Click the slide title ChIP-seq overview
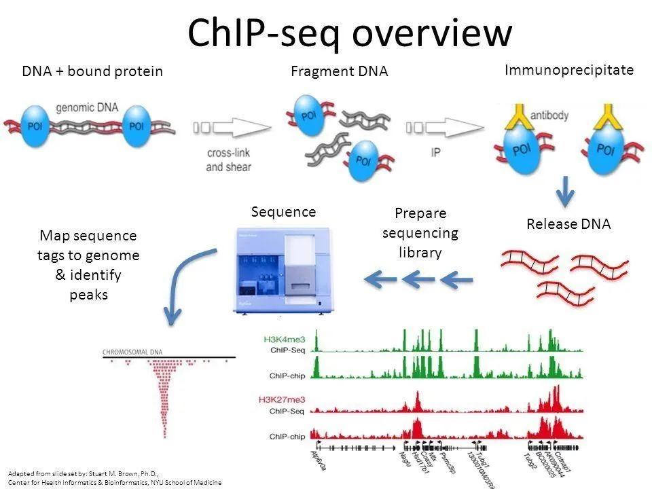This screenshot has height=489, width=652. pyautogui.click(x=349, y=32)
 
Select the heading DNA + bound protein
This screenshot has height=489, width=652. pyautogui.click(x=92, y=71)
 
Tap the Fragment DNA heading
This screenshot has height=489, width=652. pyautogui.click(x=339, y=71)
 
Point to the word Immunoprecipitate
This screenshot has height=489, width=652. pyautogui.click(x=568, y=69)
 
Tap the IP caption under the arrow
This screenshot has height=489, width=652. pyautogui.click(x=435, y=153)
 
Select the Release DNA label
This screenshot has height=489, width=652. pyautogui.click(x=568, y=224)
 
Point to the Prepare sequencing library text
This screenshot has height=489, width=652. pyautogui.click(x=420, y=233)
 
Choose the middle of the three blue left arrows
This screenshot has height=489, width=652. pyautogui.click(x=418, y=278)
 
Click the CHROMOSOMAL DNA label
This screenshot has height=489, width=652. pyautogui.click(x=136, y=352)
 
